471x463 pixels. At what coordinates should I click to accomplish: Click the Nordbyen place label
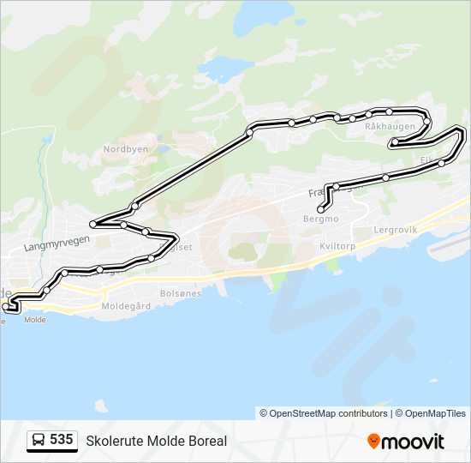click(x=125, y=148)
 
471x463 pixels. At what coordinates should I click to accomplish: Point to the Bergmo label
click(x=321, y=219)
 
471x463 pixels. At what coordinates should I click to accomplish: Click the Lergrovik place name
click(x=396, y=230)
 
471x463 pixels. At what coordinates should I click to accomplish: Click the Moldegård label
click(x=126, y=305)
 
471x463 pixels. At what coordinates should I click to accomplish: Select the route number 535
click(x=61, y=440)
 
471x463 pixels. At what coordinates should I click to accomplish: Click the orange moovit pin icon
click(x=373, y=441)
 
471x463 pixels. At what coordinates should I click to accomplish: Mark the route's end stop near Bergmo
click(x=320, y=209)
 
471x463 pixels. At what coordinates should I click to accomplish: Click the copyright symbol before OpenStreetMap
click(x=264, y=413)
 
